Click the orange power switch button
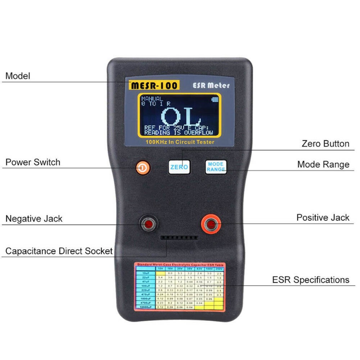pyautogui.click(x=143, y=167)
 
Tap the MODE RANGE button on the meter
pyautogui.click(x=216, y=167)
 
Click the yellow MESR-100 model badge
pyautogui.click(x=154, y=85)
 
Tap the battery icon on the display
pyautogui.click(x=215, y=99)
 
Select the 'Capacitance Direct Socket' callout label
pyautogui.click(x=59, y=251)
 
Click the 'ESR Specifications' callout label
pyautogui.click(x=310, y=280)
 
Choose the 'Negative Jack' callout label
pyautogui.click(x=34, y=219)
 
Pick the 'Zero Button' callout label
pyautogui.click(x=325, y=144)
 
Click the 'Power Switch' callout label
pyautogui.click(x=33, y=162)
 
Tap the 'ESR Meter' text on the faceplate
pyautogui.click(x=211, y=86)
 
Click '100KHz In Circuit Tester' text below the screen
pyautogui.click(x=180, y=142)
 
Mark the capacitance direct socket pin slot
pyautogui.click(x=179, y=238)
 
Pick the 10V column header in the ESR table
pyautogui.click(x=161, y=269)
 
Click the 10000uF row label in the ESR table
pyautogui.click(x=145, y=307)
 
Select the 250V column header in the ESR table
pyautogui.click(x=219, y=269)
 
